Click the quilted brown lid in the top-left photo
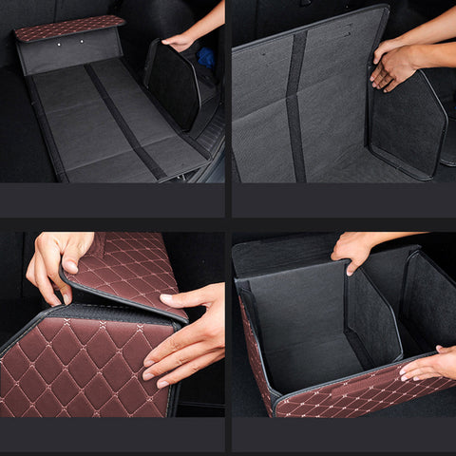click(x=68, y=28)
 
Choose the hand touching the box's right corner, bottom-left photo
click(x=185, y=337)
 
